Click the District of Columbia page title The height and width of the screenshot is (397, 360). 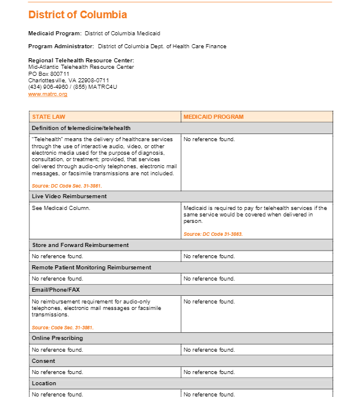(78, 15)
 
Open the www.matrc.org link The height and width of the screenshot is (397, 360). (48, 94)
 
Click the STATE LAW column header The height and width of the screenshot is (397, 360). (49, 117)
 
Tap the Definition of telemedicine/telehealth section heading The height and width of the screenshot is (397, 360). (81, 128)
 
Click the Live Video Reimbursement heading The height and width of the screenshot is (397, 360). (69, 196)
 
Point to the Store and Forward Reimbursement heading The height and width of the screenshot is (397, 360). (80, 245)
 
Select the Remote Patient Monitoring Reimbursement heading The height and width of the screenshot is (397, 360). (92, 267)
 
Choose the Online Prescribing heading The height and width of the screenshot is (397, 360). (57, 338)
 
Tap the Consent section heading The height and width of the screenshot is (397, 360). (44, 361)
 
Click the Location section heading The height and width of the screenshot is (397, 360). (44, 383)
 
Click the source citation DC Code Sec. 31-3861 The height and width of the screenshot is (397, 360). (63, 186)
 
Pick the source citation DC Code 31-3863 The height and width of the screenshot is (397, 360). (213, 234)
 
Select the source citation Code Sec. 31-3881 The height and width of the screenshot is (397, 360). (62, 328)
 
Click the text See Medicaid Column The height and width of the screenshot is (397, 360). (61, 208)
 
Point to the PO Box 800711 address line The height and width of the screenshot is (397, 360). (49, 74)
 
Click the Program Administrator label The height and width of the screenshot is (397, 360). (61, 46)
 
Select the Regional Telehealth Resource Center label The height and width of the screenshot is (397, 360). (81, 60)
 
